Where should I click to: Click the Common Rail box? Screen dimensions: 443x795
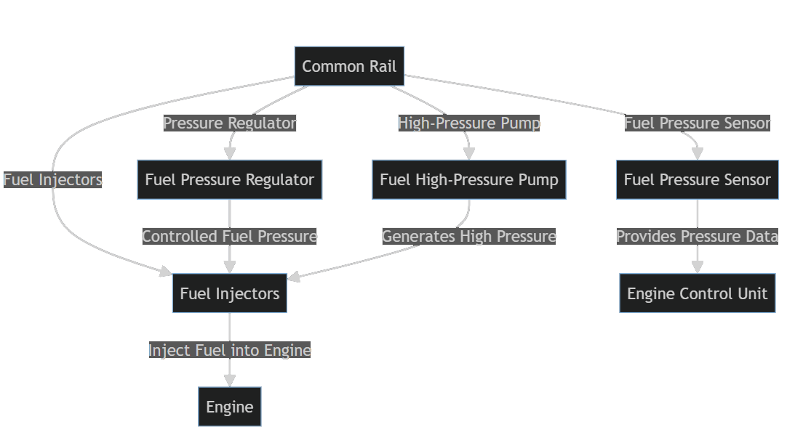coord(349,67)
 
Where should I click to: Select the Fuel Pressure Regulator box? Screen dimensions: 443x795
coord(230,180)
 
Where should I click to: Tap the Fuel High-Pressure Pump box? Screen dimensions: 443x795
coord(468,180)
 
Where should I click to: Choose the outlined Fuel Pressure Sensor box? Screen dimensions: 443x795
coord(697,180)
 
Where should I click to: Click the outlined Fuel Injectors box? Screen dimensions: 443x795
coord(230,293)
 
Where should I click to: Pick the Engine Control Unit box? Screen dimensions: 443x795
coord(697,293)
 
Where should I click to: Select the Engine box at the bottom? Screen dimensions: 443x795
coord(230,407)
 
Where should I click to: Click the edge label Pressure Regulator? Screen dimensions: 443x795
coord(230,123)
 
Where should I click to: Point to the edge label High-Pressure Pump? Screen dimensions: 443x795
coord(468,123)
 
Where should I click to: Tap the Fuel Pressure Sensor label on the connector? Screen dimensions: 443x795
coord(697,123)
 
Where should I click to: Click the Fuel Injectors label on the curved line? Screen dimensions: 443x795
coord(52,180)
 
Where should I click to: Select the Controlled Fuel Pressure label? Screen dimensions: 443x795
coord(230,237)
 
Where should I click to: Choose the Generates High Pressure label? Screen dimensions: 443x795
coord(468,237)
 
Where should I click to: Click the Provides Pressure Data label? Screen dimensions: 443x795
coord(697,237)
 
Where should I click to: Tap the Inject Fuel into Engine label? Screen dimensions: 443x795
coord(230,350)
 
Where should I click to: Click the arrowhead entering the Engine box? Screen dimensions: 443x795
coord(230,381)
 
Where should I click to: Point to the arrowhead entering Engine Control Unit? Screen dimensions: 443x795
coord(697,267)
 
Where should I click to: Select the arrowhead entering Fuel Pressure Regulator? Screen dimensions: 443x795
coord(230,154)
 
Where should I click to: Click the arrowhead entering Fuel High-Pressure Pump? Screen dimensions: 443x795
coord(468,154)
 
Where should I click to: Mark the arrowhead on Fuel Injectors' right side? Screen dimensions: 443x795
coord(294,277)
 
